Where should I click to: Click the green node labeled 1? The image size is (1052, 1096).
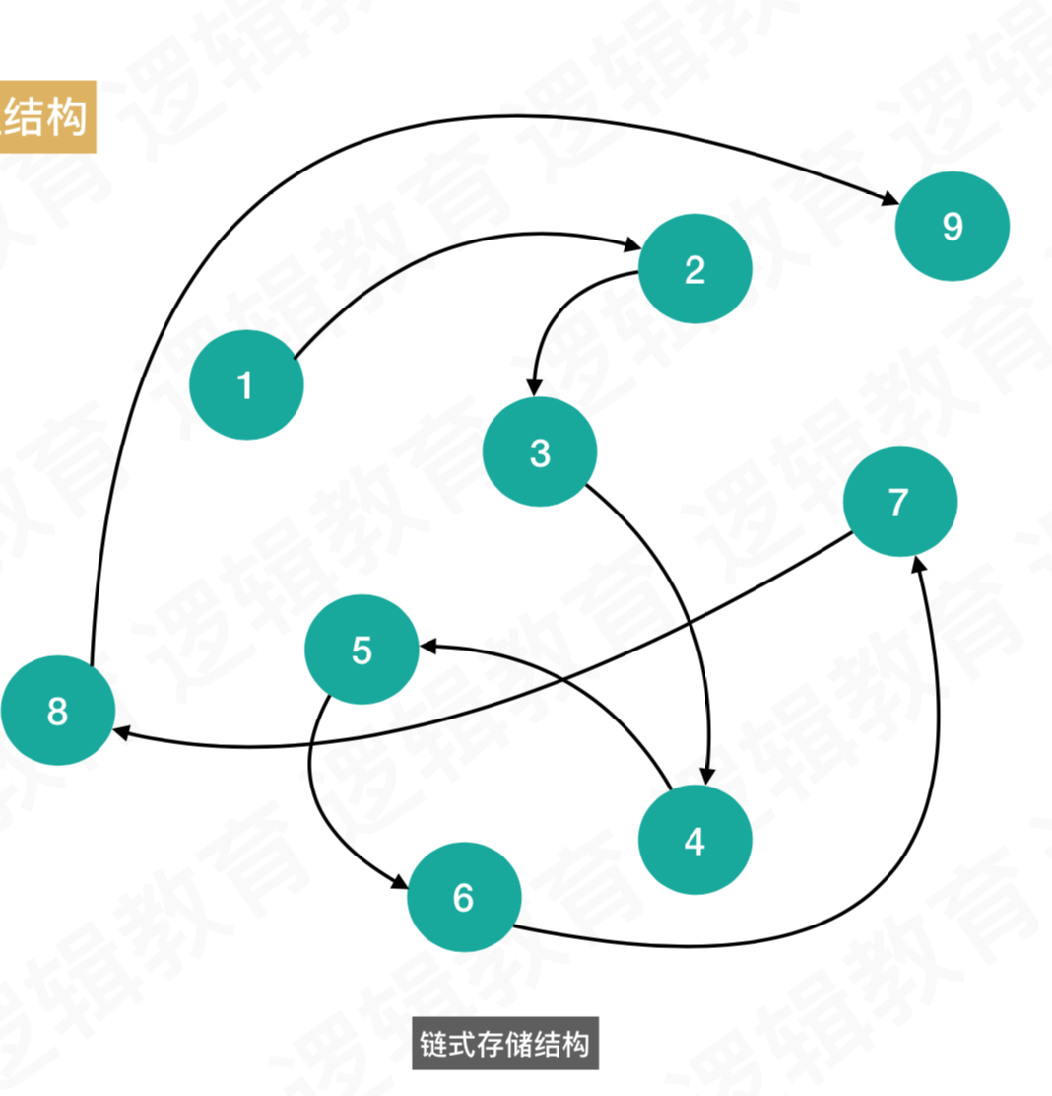(x=246, y=384)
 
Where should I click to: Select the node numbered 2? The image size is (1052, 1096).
(x=695, y=269)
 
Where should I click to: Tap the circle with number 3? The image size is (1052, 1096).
(x=540, y=452)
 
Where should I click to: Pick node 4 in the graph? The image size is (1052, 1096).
(x=695, y=841)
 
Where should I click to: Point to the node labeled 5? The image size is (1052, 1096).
(x=362, y=650)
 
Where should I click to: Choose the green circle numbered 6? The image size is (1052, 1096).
(x=464, y=897)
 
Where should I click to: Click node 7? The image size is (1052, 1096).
(x=899, y=502)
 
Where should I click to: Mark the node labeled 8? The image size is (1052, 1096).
(x=57, y=710)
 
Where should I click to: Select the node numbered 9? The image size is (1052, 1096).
(x=952, y=226)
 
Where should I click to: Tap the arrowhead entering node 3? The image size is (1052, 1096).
(x=534, y=389)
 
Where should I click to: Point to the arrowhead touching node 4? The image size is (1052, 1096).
(x=706, y=776)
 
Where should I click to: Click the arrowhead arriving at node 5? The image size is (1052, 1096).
(x=430, y=647)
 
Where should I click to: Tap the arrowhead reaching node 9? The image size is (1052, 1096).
(x=888, y=202)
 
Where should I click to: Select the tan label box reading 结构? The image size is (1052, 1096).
(x=45, y=117)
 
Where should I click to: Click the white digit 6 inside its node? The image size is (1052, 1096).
(x=464, y=897)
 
